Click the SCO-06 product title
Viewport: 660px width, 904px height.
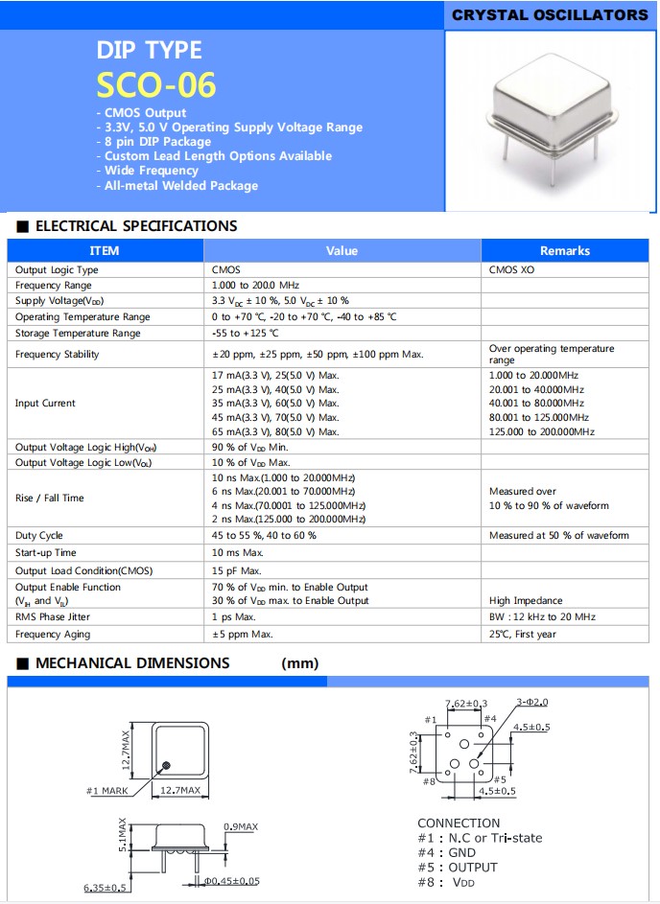pyautogui.click(x=156, y=85)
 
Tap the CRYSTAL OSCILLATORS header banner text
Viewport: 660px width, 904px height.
pyautogui.click(x=550, y=15)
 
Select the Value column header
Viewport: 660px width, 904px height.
pyautogui.click(x=342, y=251)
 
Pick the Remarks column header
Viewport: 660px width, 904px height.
pyautogui.click(x=564, y=251)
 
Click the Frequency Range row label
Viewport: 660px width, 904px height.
pyautogui.click(x=54, y=286)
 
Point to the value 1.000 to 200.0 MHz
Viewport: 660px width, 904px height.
pyautogui.click(x=255, y=286)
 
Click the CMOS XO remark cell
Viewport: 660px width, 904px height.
pyautogui.click(x=516, y=270)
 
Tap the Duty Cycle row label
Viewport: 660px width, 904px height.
pyautogui.click(x=39, y=536)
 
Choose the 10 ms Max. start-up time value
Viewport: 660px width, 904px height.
pyautogui.click(x=237, y=553)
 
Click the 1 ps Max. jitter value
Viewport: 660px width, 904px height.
pyautogui.click(x=233, y=617)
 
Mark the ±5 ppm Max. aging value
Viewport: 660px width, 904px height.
pyautogui.click(x=242, y=635)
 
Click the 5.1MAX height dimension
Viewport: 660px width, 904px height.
pyautogui.click(x=122, y=835)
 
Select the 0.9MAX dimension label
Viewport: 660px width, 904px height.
pyautogui.click(x=240, y=826)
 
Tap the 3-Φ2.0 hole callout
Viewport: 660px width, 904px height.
pyautogui.click(x=531, y=703)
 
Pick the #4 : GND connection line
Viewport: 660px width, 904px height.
pyautogui.click(x=446, y=853)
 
